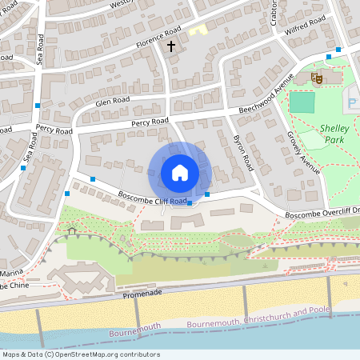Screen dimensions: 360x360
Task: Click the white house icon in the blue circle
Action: coord(180,172)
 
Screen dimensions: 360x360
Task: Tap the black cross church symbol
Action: coord(170,47)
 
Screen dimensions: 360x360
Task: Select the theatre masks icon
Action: coord(316,78)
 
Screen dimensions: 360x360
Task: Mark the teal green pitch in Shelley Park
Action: coord(302,102)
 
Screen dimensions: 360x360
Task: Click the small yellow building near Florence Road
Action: coord(197,30)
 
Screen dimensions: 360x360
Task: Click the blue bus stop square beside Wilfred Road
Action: coord(338,50)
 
